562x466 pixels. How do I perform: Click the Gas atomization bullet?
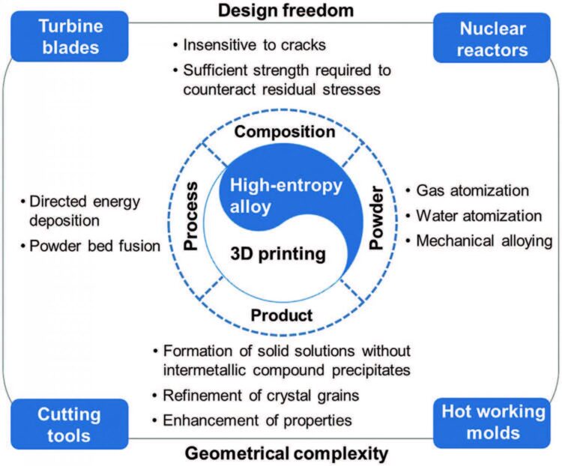pyautogui.click(x=472, y=191)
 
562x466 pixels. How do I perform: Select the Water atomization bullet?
pyautogui.click(x=478, y=216)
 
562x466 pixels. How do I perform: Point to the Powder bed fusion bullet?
pyautogui.click(x=91, y=246)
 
